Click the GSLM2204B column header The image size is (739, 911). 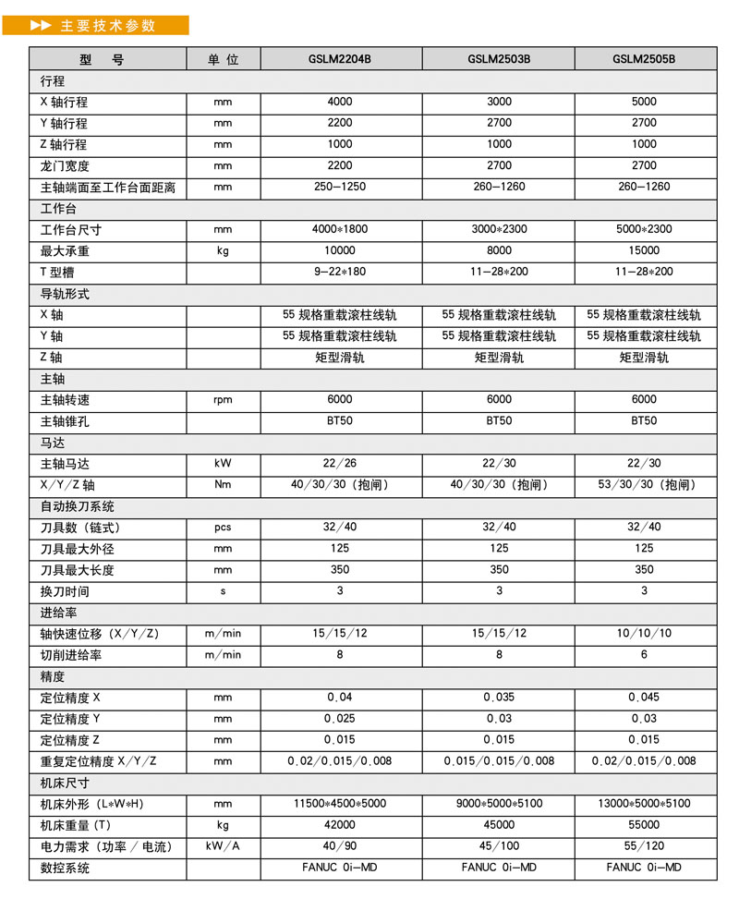tap(340, 59)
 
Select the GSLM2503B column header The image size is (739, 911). tap(499, 59)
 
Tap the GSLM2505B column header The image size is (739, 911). tap(644, 59)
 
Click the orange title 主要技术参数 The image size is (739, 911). tap(108, 26)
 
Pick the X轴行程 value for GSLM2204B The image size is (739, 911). tap(340, 102)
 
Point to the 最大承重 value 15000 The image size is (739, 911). tap(644, 250)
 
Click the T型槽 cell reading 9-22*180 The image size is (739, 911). tap(340, 272)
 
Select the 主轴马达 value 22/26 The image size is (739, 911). tap(340, 464)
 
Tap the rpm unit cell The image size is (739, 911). tap(223, 400)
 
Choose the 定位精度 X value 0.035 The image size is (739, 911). tap(499, 698)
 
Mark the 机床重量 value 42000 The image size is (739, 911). tap(340, 825)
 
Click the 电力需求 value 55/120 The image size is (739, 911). tap(644, 846)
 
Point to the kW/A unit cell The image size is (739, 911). tap(223, 846)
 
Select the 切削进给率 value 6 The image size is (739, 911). tap(644, 655)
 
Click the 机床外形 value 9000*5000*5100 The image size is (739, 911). tap(499, 804)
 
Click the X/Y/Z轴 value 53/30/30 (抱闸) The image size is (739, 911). tap(644, 485)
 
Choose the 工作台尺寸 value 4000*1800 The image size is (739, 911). tap(340, 229)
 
